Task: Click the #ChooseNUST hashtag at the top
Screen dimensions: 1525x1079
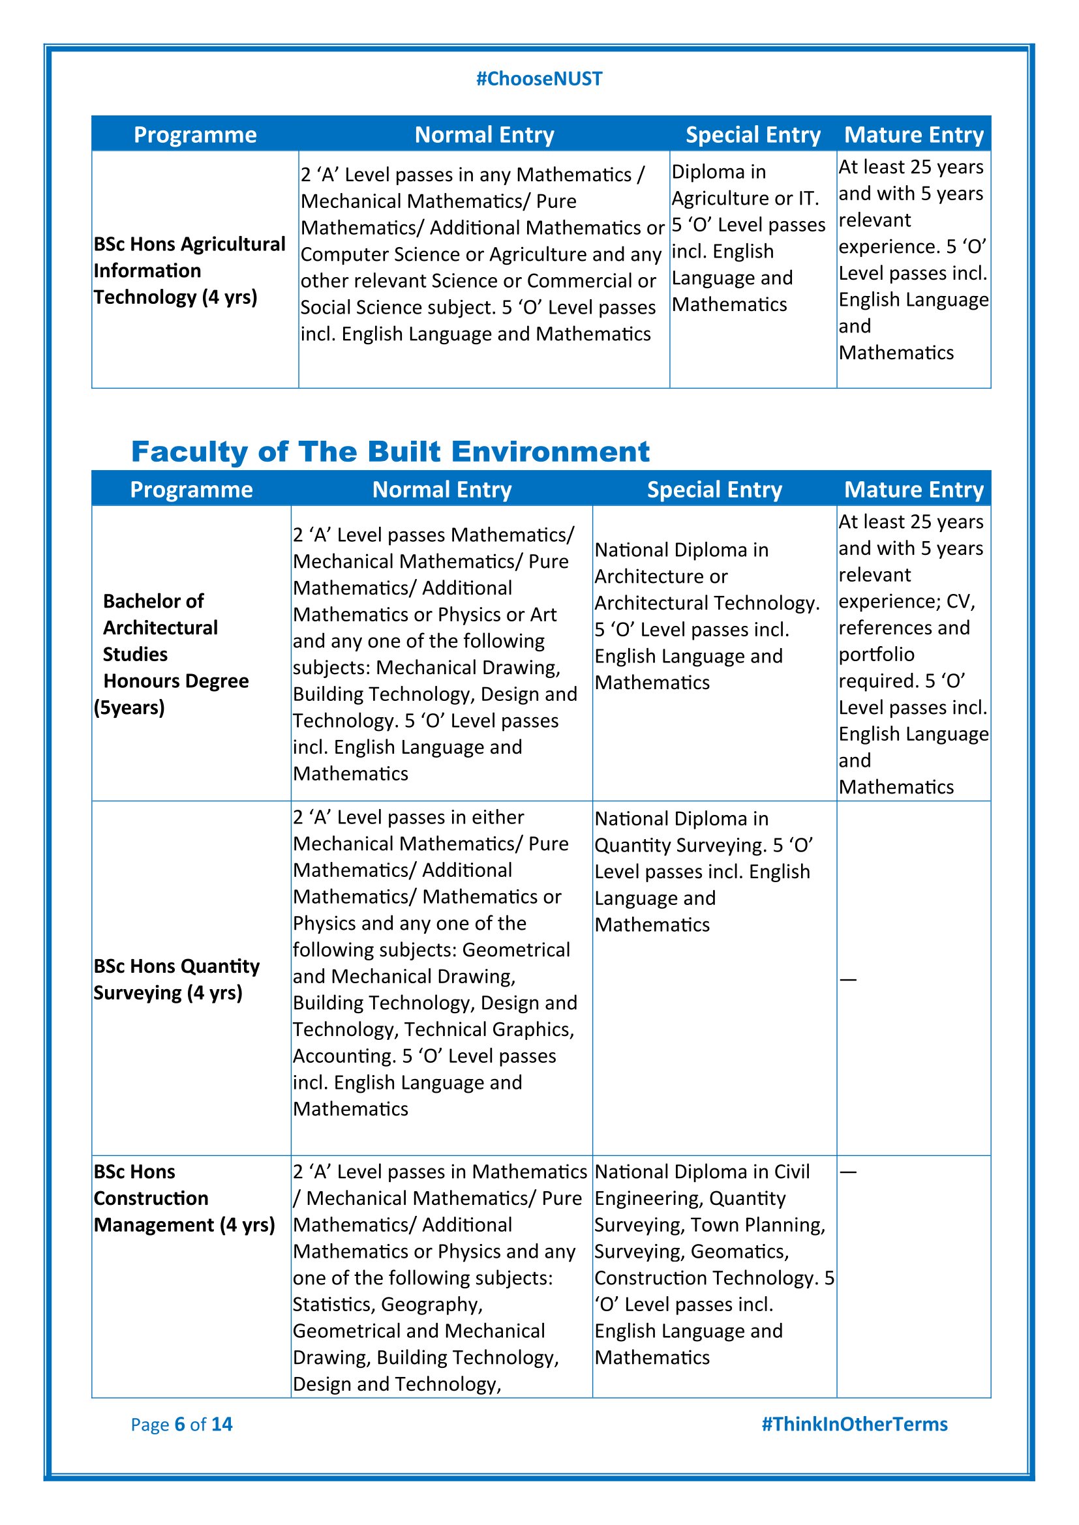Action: pyautogui.click(x=539, y=79)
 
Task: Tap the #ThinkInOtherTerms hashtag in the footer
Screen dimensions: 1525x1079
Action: pyautogui.click(x=854, y=1424)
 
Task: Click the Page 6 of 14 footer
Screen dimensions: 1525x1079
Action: pyautogui.click(x=181, y=1424)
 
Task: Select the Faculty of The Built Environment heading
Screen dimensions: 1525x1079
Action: pyautogui.click(x=390, y=452)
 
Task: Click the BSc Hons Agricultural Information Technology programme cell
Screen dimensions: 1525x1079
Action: pyautogui.click(x=189, y=271)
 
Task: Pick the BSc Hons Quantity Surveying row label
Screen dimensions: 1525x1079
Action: pyautogui.click(x=176, y=979)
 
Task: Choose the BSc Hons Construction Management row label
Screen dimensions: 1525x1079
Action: pyautogui.click(x=184, y=1198)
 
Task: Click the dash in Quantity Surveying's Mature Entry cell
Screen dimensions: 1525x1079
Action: pyautogui.click(x=848, y=980)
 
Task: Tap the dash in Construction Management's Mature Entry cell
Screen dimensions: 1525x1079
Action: pyautogui.click(x=848, y=1172)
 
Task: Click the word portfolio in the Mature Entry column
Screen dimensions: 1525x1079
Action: pyautogui.click(x=876, y=655)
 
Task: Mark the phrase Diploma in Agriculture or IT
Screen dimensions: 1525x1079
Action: pyautogui.click(x=745, y=185)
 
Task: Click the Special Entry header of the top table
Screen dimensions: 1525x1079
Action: pyautogui.click(x=753, y=135)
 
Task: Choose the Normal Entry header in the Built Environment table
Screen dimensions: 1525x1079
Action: pyautogui.click(x=442, y=490)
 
